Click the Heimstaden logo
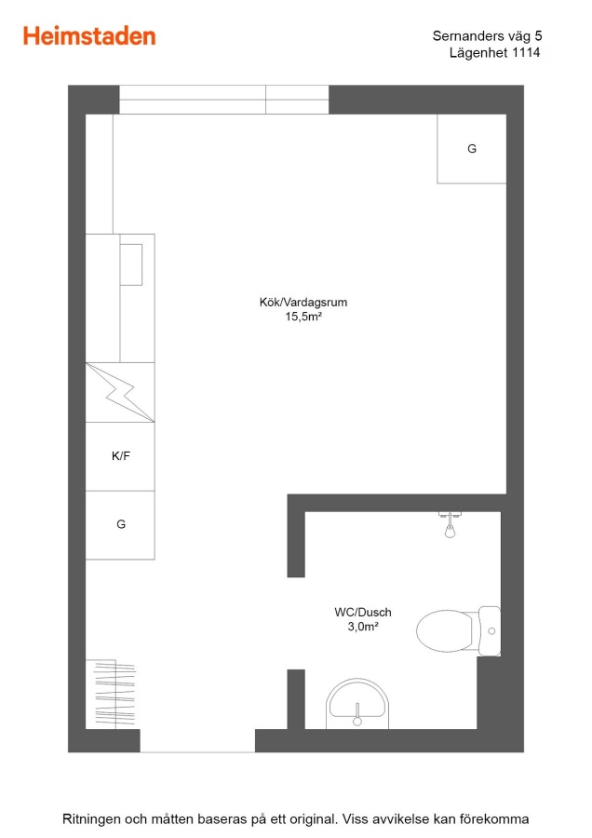pyautogui.click(x=89, y=36)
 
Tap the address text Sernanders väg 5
pyautogui.click(x=487, y=35)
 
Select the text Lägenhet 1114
pyautogui.click(x=495, y=52)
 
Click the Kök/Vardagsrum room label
pyautogui.click(x=303, y=302)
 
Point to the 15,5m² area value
pyautogui.click(x=303, y=317)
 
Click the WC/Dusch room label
pyautogui.click(x=363, y=612)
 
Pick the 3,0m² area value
pyautogui.click(x=363, y=627)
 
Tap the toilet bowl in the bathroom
pyautogui.click(x=445, y=630)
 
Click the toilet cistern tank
pyautogui.click(x=490, y=630)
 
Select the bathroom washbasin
pyautogui.click(x=357, y=703)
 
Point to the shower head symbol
pyautogui.click(x=450, y=525)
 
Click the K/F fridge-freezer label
pyautogui.click(x=121, y=456)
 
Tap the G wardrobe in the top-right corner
pyautogui.click(x=472, y=149)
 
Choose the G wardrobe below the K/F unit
pyautogui.click(x=120, y=525)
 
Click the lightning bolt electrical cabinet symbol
pyautogui.click(x=120, y=393)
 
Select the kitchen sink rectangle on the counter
pyautogui.click(x=131, y=264)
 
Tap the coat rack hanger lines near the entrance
pyautogui.click(x=114, y=694)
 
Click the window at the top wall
pyautogui.click(x=224, y=100)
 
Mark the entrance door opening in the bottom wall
pyautogui.click(x=197, y=741)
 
